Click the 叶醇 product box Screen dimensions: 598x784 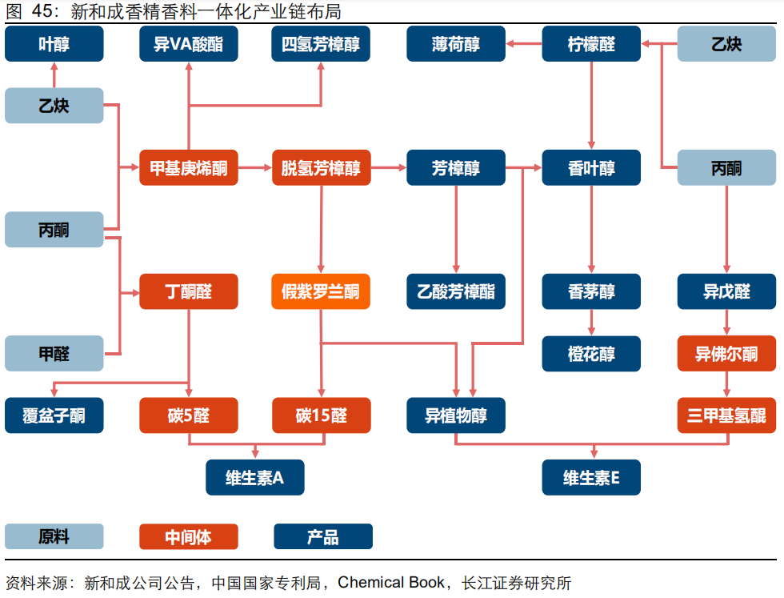(54, 44)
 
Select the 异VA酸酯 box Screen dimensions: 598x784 (189, 44)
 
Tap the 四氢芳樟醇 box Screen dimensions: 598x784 (321, 44)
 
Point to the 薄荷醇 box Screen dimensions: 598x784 (456, 44)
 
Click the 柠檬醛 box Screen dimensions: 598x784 (591, 44)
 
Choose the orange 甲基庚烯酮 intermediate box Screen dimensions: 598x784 (189, 168)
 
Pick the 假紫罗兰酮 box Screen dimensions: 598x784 (321, 291)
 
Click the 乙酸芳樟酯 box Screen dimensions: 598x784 (456, 291)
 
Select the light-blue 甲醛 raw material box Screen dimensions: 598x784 (54, 354)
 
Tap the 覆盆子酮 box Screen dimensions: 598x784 (54, 415)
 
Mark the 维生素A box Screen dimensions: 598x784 (255, 478)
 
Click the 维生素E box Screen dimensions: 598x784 (591, 478)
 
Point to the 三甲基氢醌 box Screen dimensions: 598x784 (726, 415)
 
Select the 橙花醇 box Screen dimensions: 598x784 (591, 354)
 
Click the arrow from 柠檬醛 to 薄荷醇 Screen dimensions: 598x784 (524, 44)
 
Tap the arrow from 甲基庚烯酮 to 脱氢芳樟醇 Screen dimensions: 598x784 (255, 168)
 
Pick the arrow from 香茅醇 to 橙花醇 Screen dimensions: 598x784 (591, 322)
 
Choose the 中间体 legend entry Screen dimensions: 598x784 (189, 536)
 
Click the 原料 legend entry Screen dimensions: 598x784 (54, 536)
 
